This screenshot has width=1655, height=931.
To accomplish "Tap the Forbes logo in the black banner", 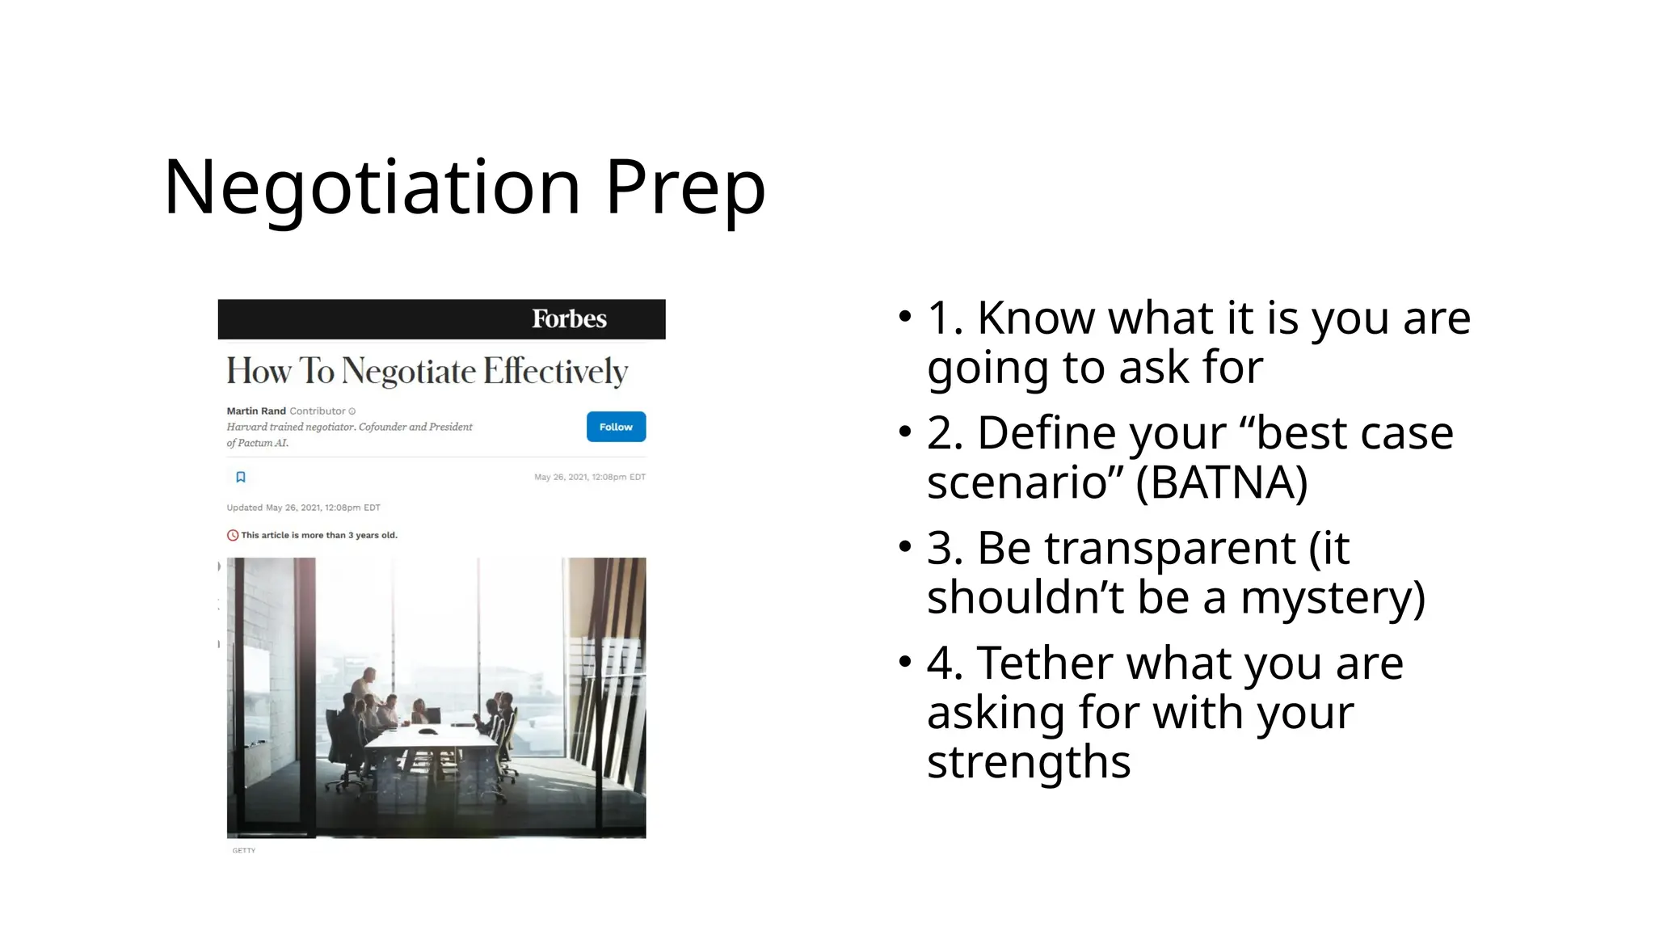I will [569, 319].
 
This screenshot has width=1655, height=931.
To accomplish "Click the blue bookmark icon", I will [241, 477].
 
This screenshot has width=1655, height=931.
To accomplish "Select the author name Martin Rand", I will [256, 411].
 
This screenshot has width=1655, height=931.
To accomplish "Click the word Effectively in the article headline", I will [555, 372].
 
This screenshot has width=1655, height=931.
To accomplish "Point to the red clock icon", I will [233, 535].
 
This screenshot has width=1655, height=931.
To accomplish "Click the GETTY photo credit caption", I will [243, 850].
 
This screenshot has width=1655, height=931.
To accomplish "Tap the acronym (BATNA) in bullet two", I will [1221, 483].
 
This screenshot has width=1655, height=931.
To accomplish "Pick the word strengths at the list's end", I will [1028, 762].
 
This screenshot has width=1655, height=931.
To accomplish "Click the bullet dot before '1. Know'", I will [904, 318].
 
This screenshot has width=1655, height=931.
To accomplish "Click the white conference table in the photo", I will [429, 739].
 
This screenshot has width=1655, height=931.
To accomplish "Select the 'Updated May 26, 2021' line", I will [303, 508].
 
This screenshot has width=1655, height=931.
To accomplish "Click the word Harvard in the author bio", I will [246, 427].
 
